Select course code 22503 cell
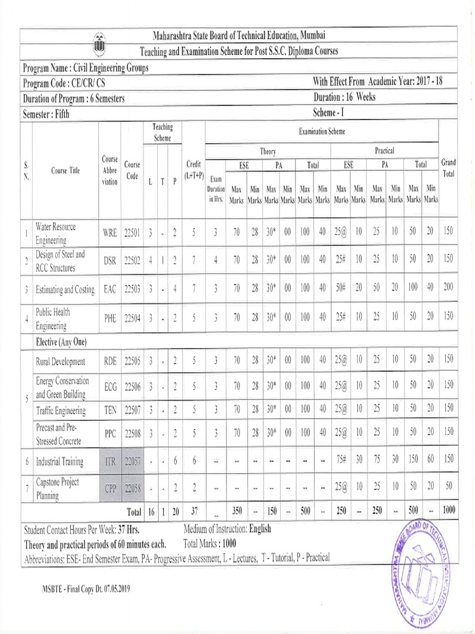click(x=132, y=289)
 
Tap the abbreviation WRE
click(x=109, y=233)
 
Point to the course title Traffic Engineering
click(x=59, y=410)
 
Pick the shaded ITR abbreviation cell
click(x=109, y=461)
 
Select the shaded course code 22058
click(x=132, y=488)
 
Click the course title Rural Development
click(x=60, y=361)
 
